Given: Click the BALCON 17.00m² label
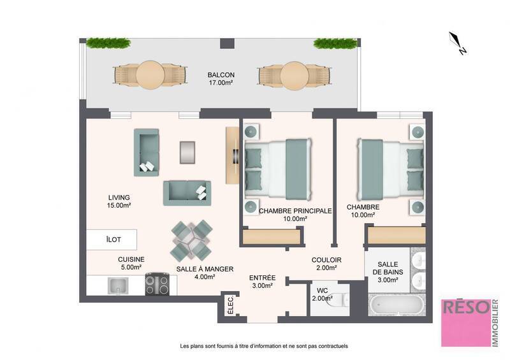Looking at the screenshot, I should (221, 78).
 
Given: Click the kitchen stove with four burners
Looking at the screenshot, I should (157, 284).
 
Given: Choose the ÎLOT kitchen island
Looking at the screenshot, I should (113, 240).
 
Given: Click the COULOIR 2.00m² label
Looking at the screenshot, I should (326, 263).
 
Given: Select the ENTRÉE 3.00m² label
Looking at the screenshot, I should (262, 282).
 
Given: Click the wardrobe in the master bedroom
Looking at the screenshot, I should (271, 236).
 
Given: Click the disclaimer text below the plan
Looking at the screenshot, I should (264, 346).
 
